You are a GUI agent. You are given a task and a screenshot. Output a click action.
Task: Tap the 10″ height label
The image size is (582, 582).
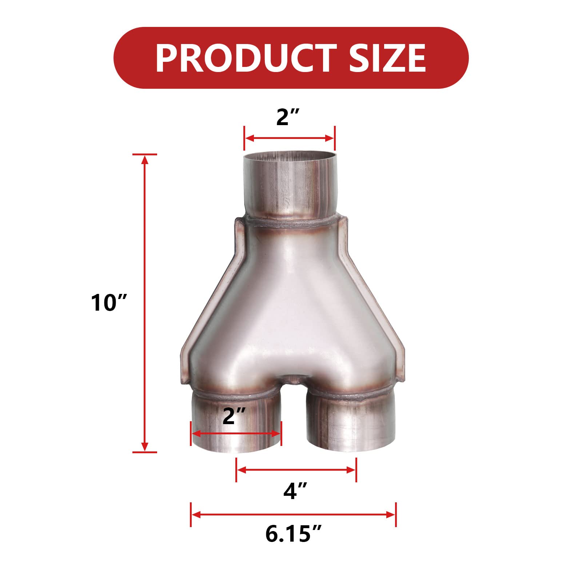[108, 303]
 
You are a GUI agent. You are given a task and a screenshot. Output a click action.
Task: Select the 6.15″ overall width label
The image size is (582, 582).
[293, 534]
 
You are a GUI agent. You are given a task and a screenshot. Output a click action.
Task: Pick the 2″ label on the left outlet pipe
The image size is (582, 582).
[234, 416]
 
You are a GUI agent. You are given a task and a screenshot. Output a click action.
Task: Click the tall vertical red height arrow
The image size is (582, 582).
[145, 303]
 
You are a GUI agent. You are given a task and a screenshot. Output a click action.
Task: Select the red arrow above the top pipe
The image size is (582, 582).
[289, 138]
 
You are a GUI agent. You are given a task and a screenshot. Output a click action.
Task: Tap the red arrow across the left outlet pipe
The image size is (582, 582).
[236, 434]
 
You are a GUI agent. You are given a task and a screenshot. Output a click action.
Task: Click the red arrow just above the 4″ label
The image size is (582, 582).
[296, 470]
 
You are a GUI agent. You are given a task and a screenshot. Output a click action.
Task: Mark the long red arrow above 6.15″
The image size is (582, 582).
[293, 514]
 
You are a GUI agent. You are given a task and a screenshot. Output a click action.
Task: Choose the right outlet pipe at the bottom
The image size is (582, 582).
[351, 426]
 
